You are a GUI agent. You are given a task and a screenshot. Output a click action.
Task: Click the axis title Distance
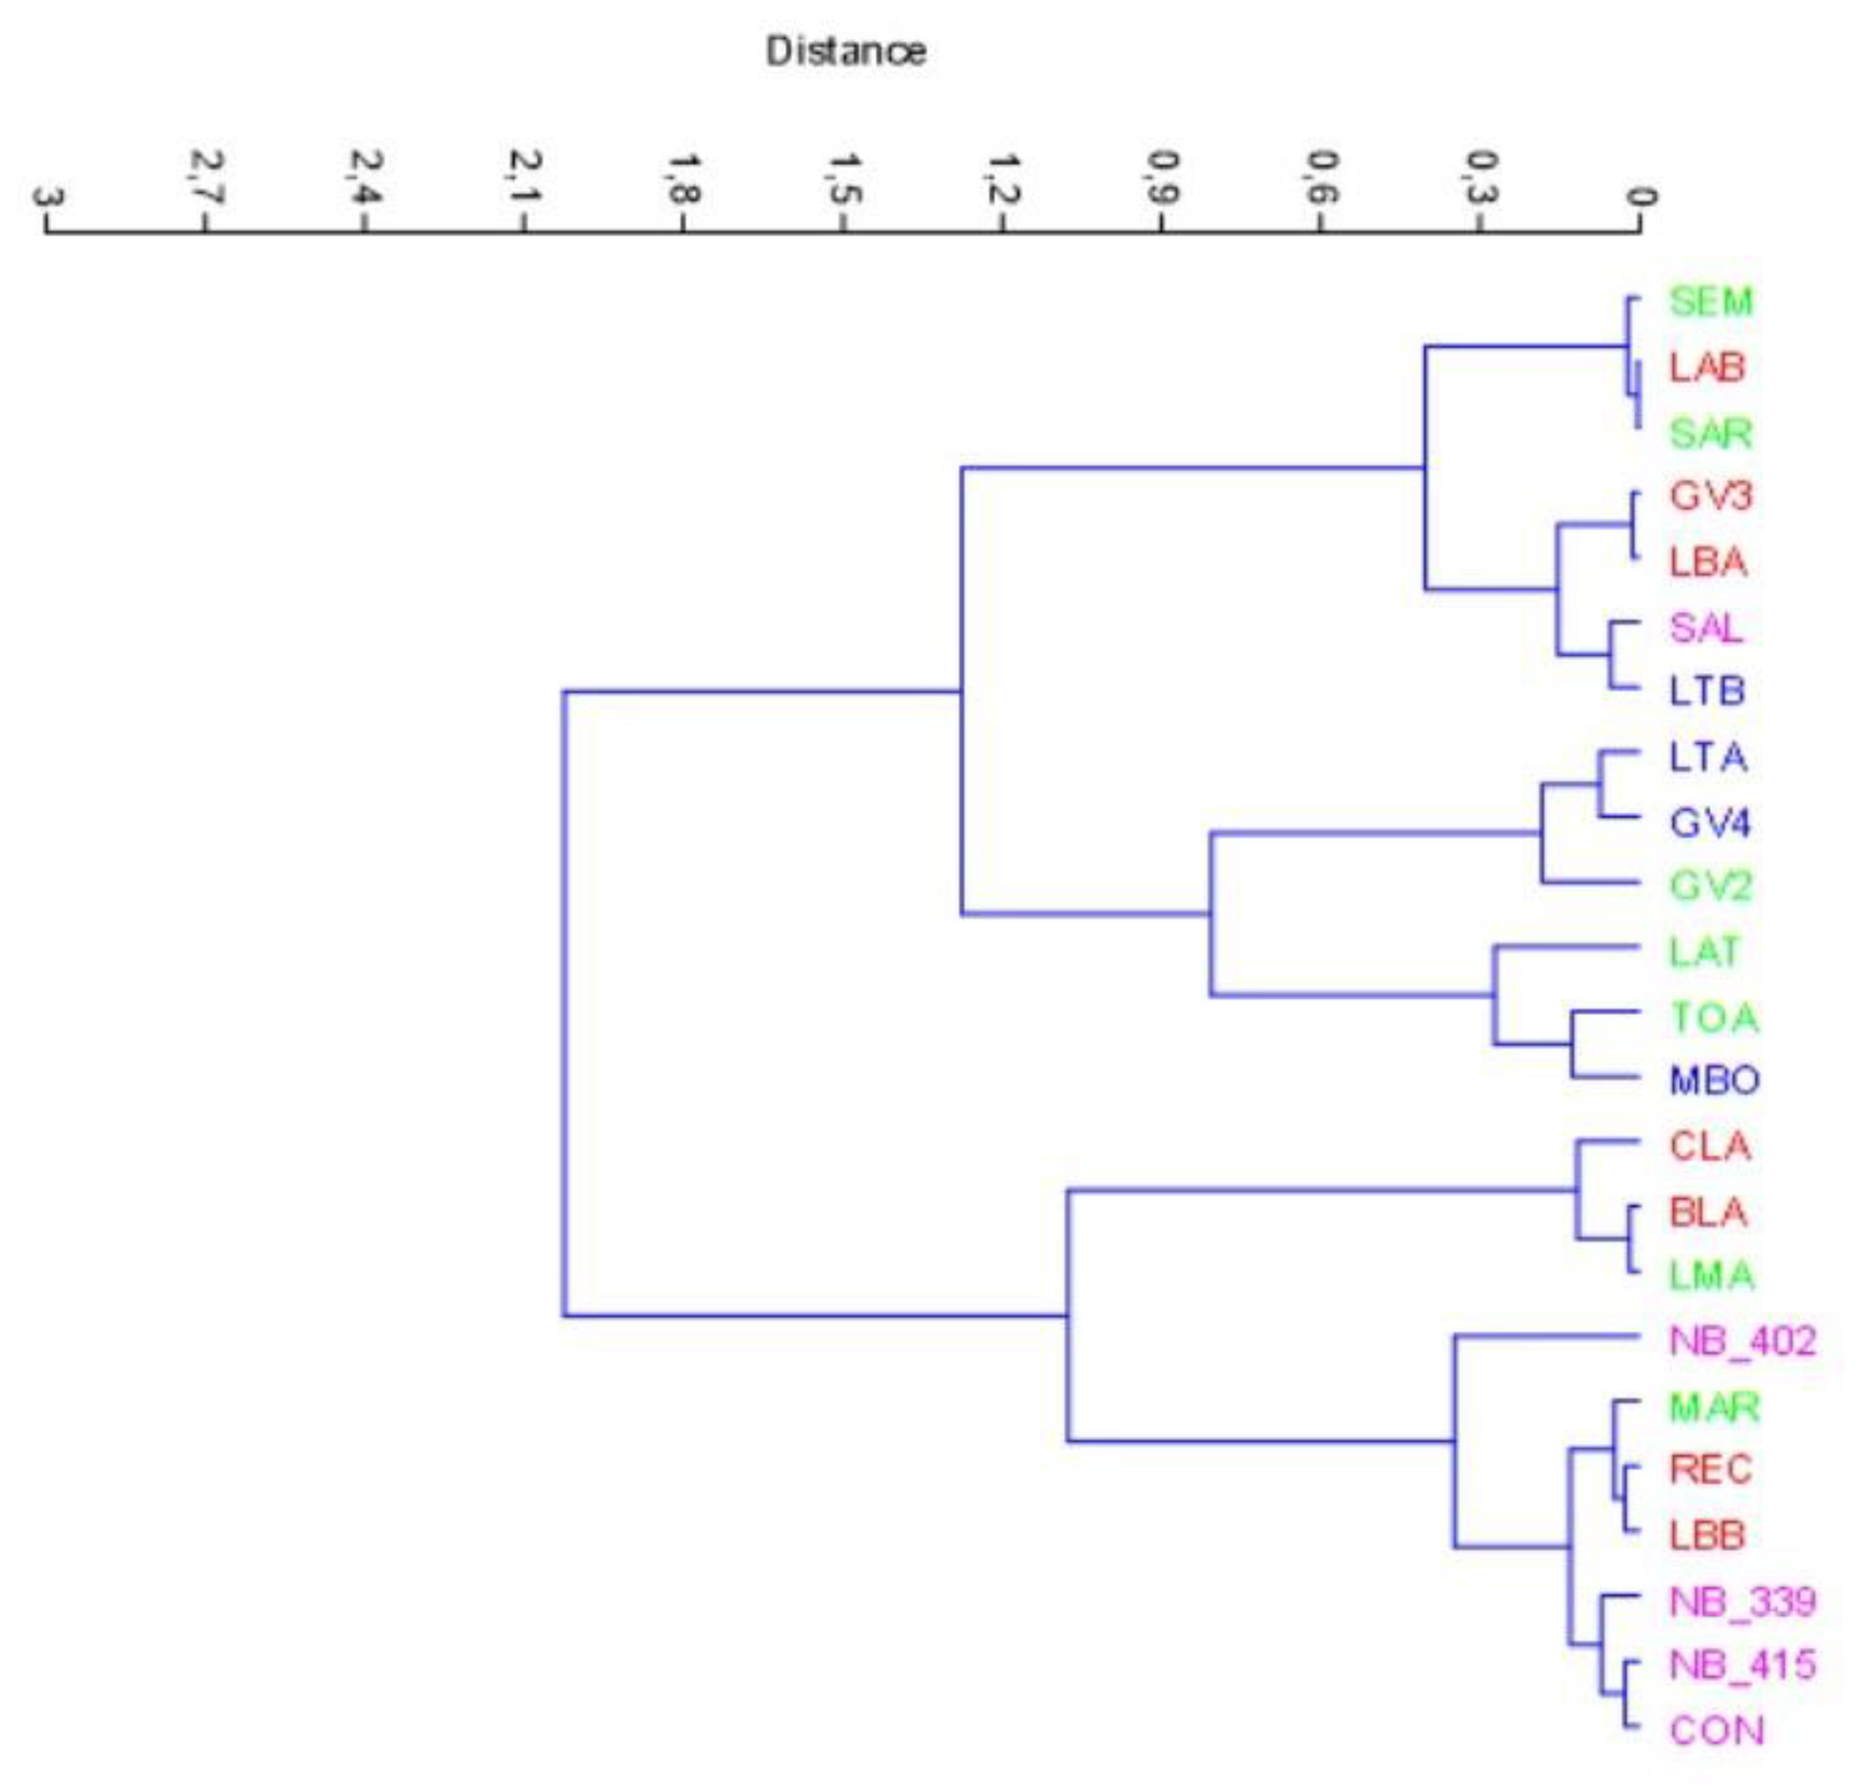coord(846,51)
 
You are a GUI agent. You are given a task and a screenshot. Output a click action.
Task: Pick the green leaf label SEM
coord(1710,302)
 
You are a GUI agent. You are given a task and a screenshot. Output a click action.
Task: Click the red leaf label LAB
coord(1707,367)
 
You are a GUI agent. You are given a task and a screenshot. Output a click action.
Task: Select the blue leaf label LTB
coord(1707,691)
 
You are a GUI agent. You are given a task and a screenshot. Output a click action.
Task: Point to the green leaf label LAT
coord(1704,952)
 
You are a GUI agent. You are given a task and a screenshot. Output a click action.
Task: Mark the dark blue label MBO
coord(1714,1079)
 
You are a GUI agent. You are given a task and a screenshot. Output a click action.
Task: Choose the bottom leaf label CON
coord(1716,1731)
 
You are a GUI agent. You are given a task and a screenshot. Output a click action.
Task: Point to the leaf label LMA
coord(1711,1275)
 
